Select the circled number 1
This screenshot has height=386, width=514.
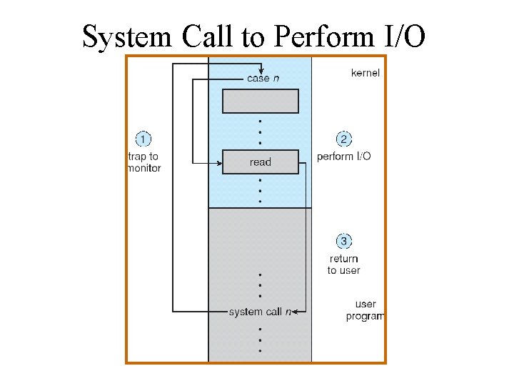[143, 139]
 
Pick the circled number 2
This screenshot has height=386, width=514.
[343, 139]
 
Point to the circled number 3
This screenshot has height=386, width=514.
[343, 242]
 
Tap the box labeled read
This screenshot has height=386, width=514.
[260, 162]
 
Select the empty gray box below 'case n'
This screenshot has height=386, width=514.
[260, 101]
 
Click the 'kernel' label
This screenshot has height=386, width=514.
[366, 73]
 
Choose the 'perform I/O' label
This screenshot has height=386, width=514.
[343, 157]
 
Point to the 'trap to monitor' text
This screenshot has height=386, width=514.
[143, 162]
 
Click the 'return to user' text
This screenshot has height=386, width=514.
[343, 264]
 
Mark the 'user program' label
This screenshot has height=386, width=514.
[365, 310]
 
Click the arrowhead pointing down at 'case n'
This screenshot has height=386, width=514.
[263, 69]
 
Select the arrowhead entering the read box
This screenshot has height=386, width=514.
[218, 162]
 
